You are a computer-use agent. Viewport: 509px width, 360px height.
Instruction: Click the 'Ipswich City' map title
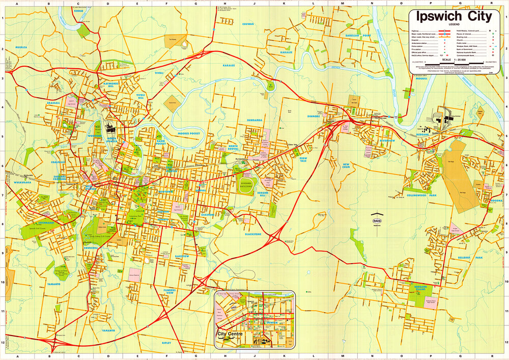tap(454, 16)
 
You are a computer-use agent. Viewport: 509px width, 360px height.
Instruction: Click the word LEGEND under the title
tap(454, 24)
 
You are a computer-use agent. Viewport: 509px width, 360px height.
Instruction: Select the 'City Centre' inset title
tap(229, 334)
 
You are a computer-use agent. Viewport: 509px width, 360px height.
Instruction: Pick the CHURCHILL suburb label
tap(90, 248)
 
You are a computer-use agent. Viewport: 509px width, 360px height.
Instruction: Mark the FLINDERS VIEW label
tap(169, 292)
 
